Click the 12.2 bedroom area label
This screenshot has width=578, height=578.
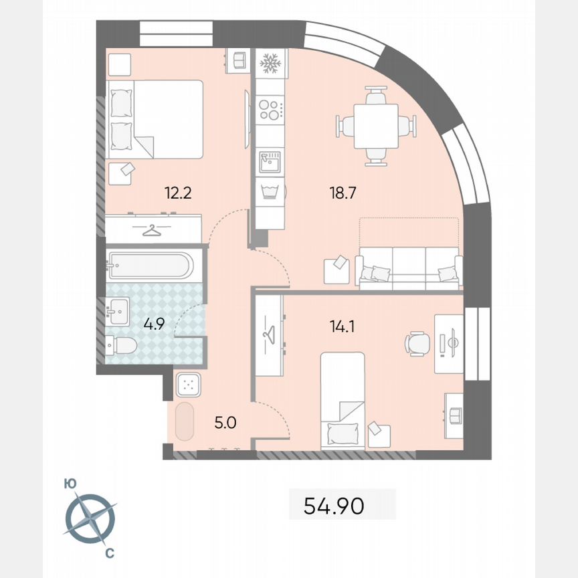pos(179,194)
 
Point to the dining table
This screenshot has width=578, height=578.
pos(375,126)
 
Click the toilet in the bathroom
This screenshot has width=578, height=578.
pos(121,346)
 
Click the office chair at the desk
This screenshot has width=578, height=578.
pos(418,344)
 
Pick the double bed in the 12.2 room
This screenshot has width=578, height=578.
pos(155,119)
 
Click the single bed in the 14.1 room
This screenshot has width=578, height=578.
pos(343,399)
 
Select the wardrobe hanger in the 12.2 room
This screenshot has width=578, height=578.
pos(154,230)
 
